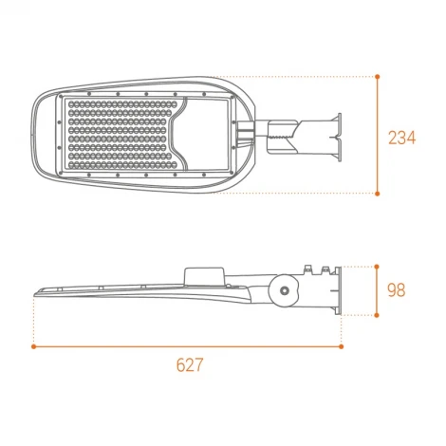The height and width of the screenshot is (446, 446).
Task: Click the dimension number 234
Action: [402, 138]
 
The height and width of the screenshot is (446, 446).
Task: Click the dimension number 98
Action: [397, 290]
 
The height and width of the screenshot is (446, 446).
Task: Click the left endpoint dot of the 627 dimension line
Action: [34, 346]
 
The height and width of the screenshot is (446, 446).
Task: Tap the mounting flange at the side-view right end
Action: [332, 288]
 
